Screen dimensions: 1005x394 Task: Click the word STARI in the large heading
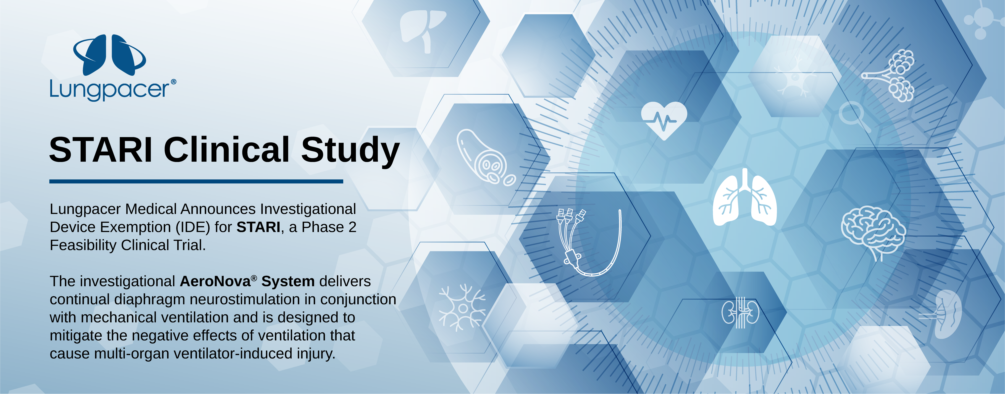tap(101, 150)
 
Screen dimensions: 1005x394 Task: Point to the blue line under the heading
tap(196, 181)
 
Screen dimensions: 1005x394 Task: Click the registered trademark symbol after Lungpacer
tap(174, 82)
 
